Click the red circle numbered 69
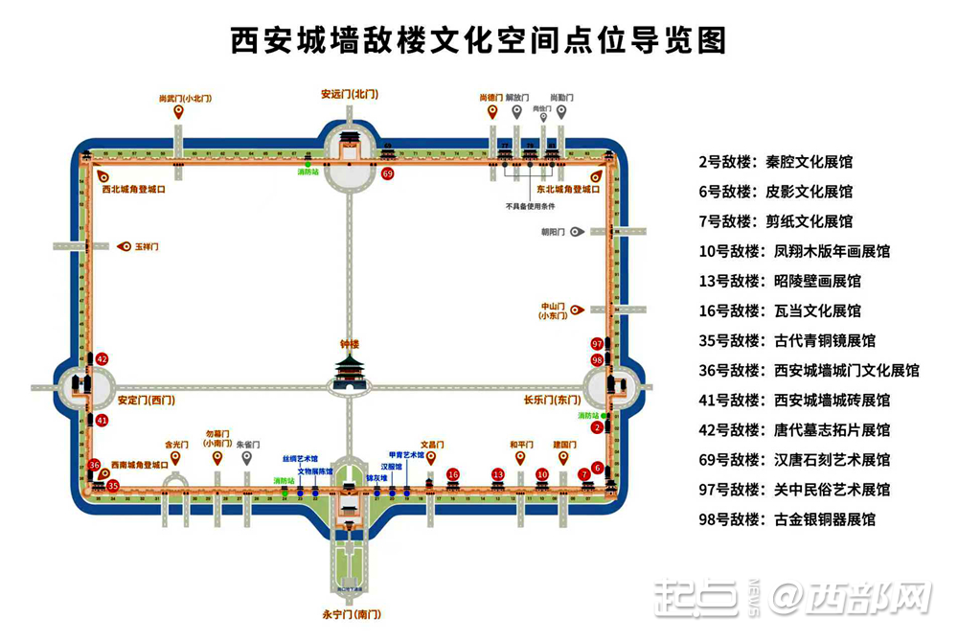387,173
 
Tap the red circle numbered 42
103,359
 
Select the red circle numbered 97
597,343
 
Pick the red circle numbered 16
453,474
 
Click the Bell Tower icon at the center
349,373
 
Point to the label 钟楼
349,343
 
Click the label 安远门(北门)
349,94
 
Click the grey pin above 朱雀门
246,458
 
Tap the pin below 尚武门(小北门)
178,113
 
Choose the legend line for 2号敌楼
776,161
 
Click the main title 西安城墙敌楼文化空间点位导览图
478,40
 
